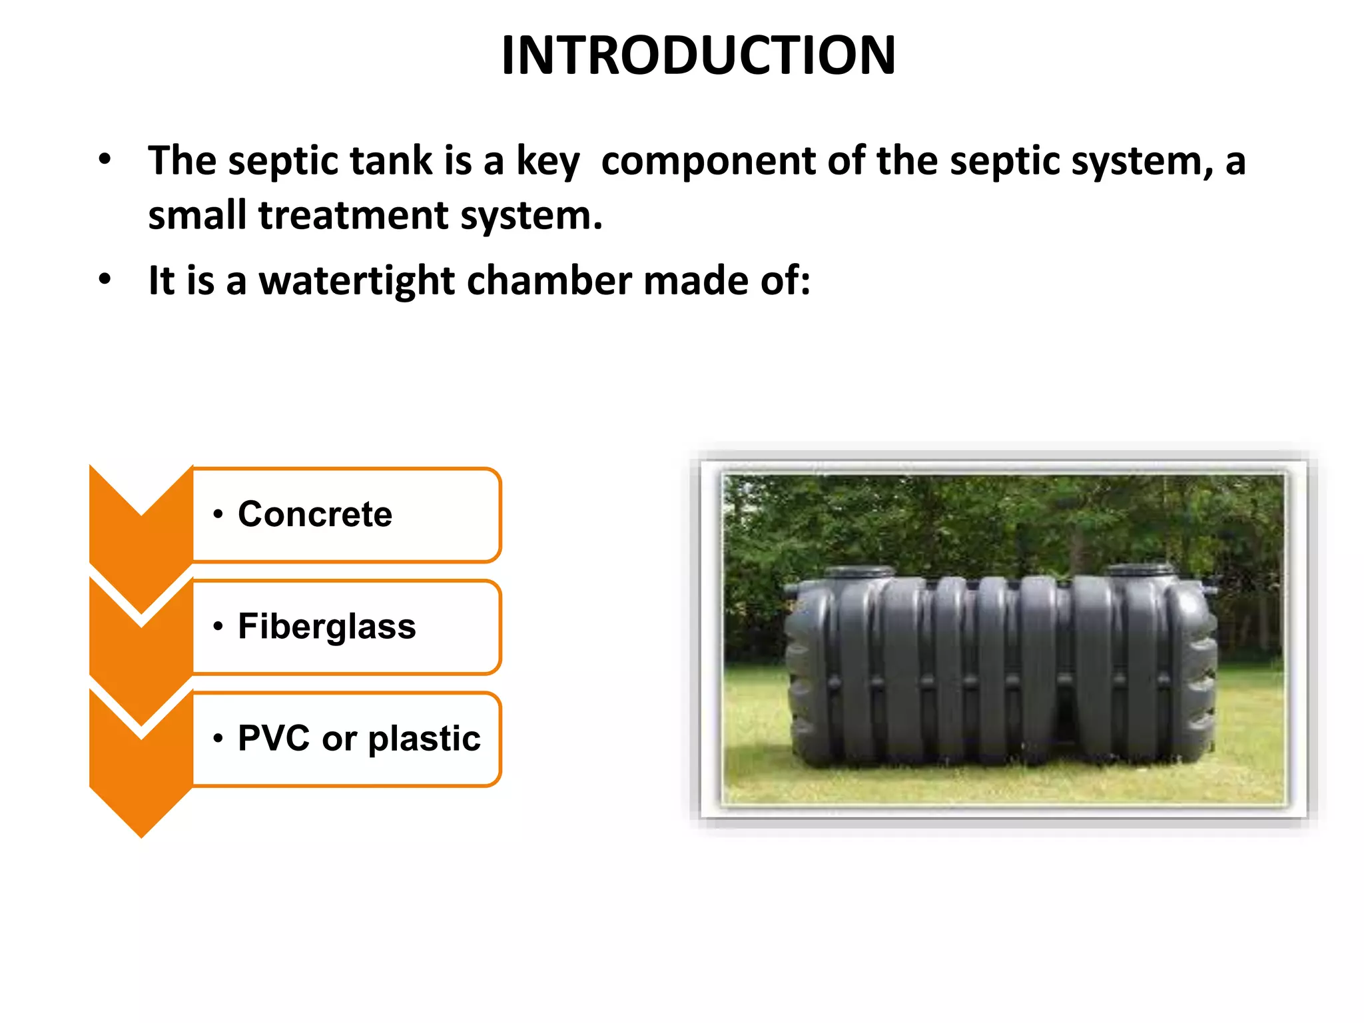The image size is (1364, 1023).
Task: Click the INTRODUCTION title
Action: (698, 55)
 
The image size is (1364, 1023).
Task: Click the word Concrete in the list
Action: (315, 514)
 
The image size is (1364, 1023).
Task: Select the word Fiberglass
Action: (327, 627)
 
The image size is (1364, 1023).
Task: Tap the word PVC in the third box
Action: (274, 738)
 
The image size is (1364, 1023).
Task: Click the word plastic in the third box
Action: (424, 739)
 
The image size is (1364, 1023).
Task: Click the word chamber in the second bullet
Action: (549, 280)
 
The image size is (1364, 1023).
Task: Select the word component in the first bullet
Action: (708, 162)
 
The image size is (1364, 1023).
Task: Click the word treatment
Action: (353, 216)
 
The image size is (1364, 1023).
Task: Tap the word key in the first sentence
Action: (547, 162)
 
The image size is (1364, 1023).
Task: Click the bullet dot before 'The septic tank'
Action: (105, 159)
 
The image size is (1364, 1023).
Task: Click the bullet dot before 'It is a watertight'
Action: (105, 279)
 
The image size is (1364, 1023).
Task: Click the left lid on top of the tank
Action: (860, 572)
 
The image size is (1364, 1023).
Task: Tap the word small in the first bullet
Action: (196, 216)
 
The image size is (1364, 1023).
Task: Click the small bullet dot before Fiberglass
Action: (218, 627)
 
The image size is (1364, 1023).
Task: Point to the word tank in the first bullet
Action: (391, 161)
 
